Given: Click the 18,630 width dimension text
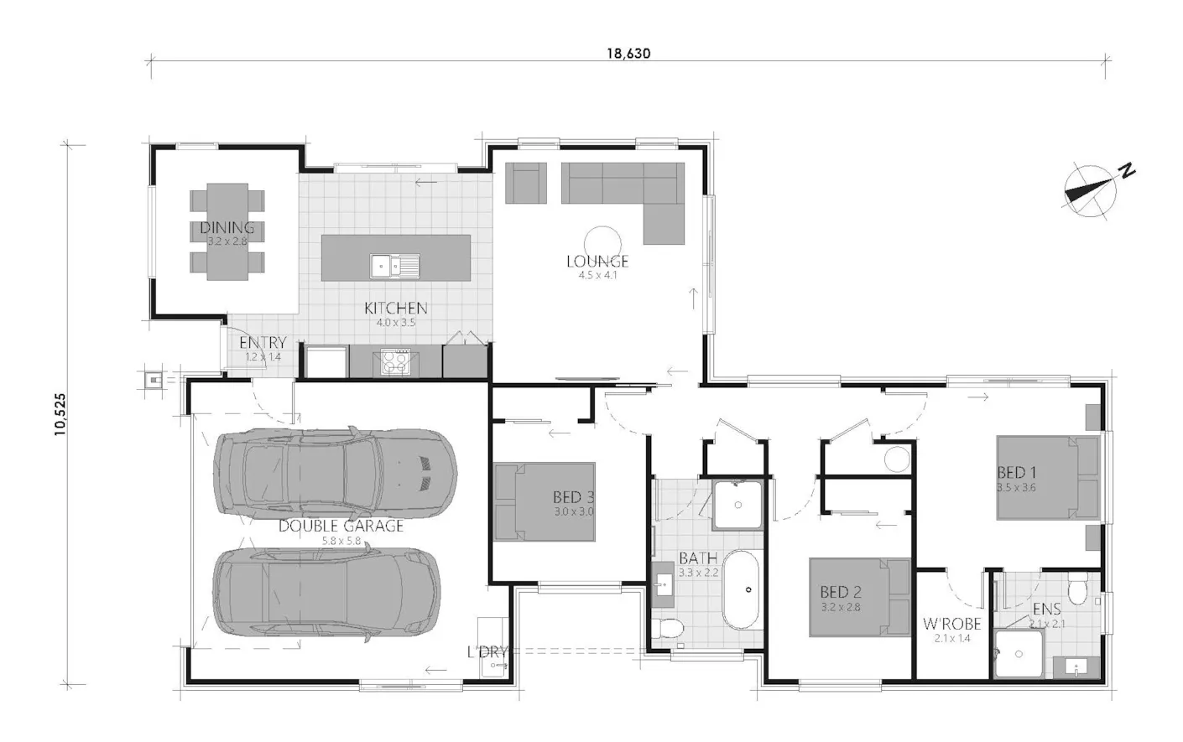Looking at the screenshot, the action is [628, 54].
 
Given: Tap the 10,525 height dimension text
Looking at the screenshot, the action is [60, 414].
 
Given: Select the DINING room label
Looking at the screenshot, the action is [227, 227].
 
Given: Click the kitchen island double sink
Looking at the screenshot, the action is [394, 266].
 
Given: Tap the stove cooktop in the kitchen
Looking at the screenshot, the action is [395, 362].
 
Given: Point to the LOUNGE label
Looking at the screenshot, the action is [597, 262].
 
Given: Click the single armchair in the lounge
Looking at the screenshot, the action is [525, 183].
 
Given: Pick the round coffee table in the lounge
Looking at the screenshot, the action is [602, 244].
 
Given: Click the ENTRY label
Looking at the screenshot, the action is [263, 343].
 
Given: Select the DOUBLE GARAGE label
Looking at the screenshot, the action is [341, 527].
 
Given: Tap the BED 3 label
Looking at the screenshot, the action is [574, 497].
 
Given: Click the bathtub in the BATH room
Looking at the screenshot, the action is [741, 589].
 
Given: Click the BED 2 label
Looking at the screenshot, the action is [841, 592].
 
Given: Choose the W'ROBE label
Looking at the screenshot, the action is [951, 625].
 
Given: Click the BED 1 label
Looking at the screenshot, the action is [1017, 472].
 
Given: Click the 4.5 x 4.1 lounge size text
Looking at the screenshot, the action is [597, 275].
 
